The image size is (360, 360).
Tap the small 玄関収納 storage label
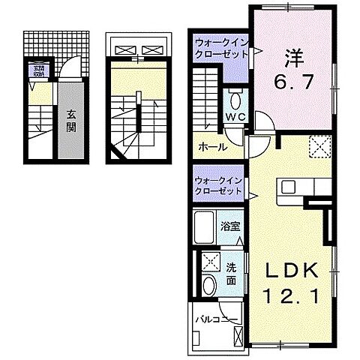(37, 72)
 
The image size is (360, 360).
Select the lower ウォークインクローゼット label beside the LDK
(219, 186)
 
